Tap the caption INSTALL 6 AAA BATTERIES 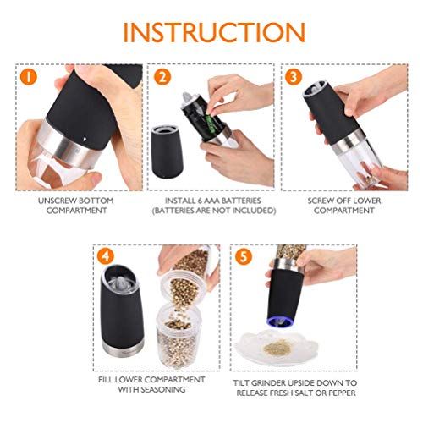[211, 200]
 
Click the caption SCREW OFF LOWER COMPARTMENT [344, 205]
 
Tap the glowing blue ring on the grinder [282, 321]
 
